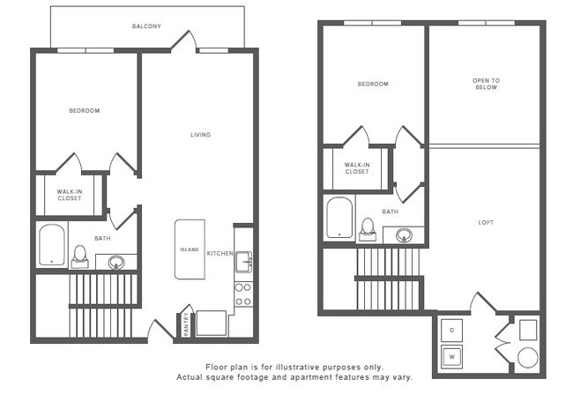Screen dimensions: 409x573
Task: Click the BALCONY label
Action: point(146,26)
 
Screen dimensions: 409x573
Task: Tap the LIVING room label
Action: point(201,135)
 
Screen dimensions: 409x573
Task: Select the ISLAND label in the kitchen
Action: point(190,250)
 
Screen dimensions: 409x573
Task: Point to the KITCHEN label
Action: point(220,254)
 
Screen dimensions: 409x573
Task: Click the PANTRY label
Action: point(186,323)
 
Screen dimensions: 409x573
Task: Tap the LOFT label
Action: point(487,223)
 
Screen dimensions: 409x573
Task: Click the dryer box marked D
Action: point(451,330)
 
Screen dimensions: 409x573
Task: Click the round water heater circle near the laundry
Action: point(527,358)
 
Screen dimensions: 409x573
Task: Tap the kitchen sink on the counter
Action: point(243,262)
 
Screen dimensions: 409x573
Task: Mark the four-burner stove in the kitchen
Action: point(242,294)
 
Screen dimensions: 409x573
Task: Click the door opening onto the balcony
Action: point(183,41)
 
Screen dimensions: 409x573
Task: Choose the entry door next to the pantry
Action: point(161,331)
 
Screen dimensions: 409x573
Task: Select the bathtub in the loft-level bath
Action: point(339,218)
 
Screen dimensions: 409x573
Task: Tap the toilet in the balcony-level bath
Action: point(80,255)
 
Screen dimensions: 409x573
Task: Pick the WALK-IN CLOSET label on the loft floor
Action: point(357,168)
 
